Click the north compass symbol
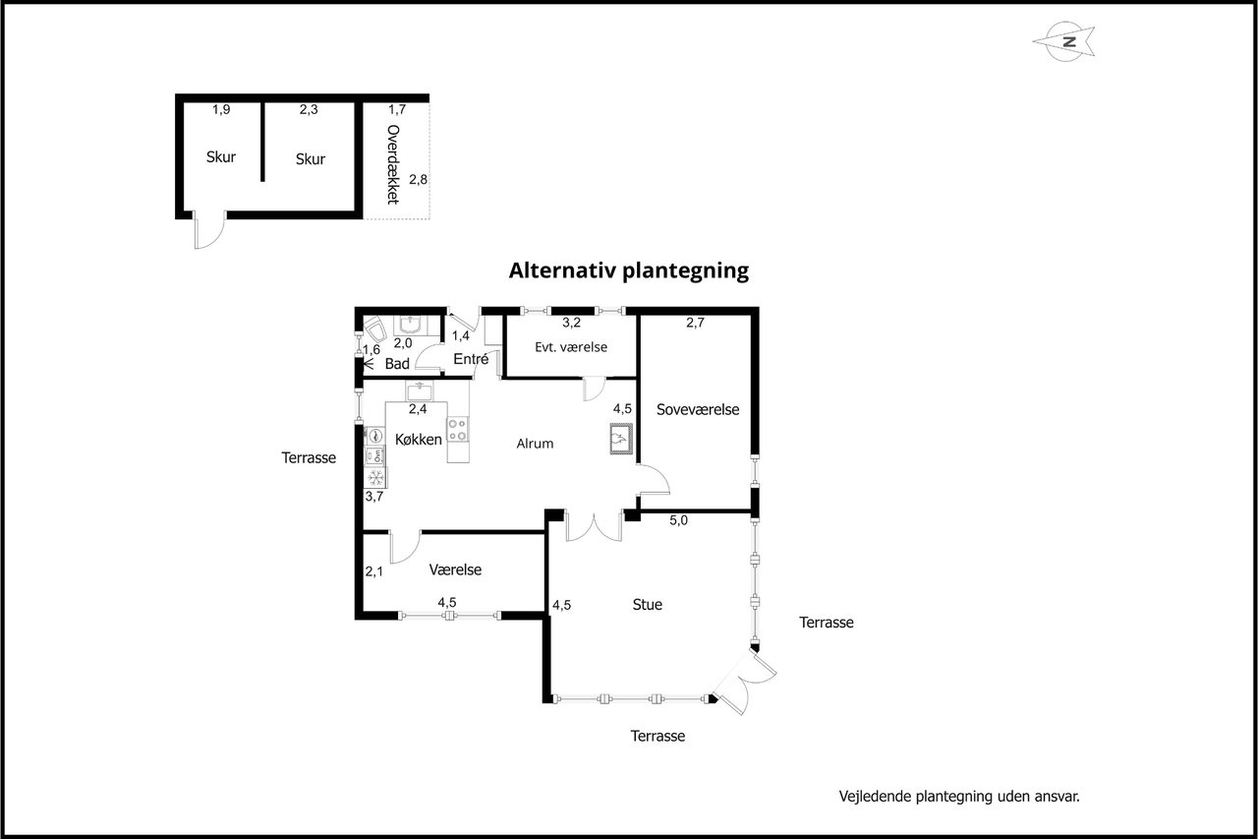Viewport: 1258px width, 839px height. [1064, 41]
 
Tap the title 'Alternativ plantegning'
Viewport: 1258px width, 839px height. [628, 270]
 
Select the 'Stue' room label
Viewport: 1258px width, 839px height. [647, 604]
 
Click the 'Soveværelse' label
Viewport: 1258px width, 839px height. [698, 409]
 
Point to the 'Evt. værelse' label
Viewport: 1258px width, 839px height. [571, 347]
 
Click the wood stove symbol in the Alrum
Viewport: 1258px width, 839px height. [621, 439]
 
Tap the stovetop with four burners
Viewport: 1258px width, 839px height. [458, 429]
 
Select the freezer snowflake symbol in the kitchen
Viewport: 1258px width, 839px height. [375, 478]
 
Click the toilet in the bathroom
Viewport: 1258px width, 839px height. [374, 330]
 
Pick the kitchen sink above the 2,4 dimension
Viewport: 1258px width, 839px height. [419, 390]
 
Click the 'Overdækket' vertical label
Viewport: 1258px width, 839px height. [393, 164]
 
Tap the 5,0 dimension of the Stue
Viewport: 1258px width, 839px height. [678, 520]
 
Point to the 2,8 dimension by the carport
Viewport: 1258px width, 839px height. [418, 179]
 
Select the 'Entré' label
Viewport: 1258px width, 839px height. [471, 359]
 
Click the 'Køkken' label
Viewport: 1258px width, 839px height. [419, 439]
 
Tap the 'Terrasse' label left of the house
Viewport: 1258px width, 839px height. [309, 457]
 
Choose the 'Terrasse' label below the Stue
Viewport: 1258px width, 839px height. [658, 736]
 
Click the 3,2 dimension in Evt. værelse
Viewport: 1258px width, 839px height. [571, 323]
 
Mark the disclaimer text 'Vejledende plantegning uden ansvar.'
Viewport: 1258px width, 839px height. [959, 797]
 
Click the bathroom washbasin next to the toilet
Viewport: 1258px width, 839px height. [412, 326]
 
